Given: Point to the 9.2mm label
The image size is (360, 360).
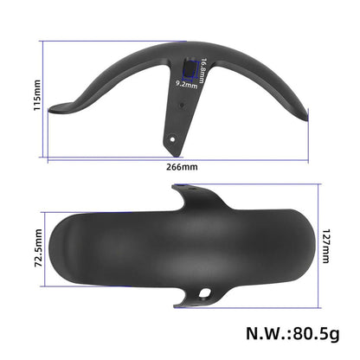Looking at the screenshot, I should point(188,84).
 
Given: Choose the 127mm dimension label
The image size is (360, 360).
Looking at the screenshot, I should point(326,249).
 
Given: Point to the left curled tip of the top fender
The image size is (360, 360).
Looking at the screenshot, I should point(54,108).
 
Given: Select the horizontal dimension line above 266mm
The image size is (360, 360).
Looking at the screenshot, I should point(177,157).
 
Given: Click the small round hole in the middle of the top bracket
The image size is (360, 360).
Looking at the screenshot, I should point(183,105).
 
